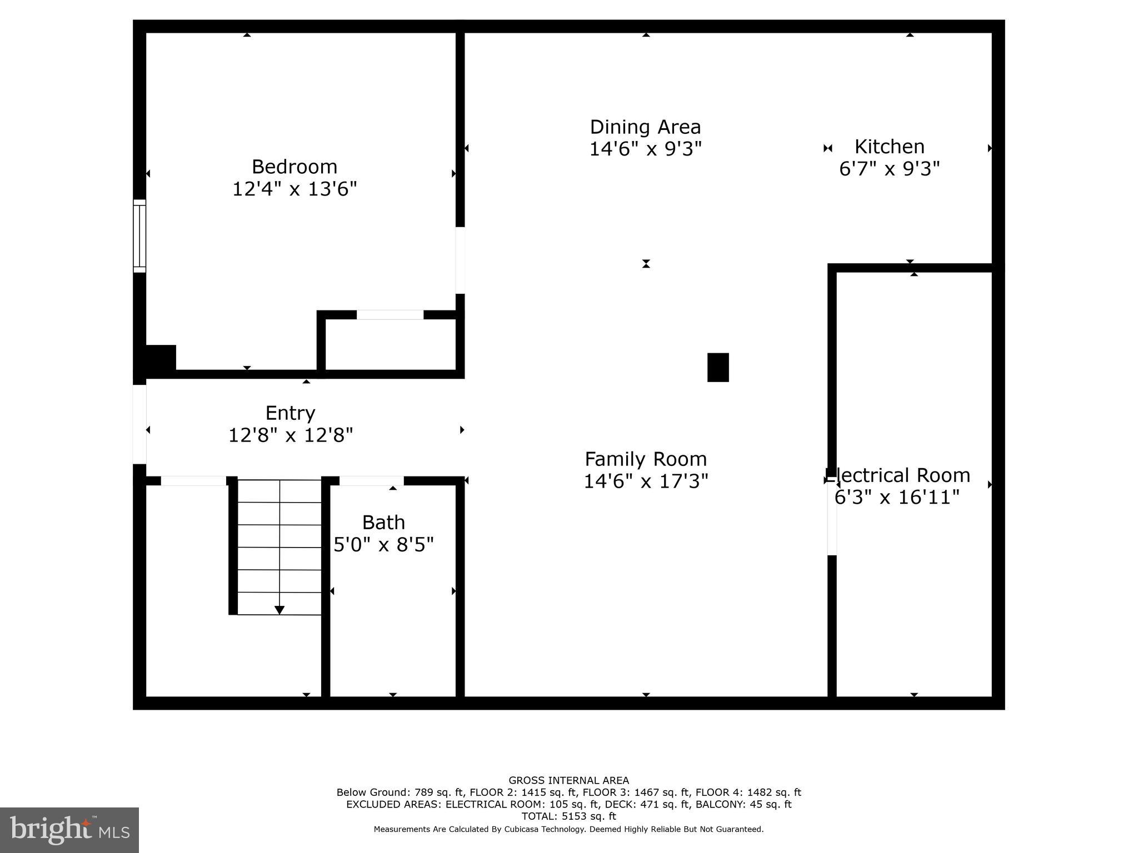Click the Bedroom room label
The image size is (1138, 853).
pos(294,167)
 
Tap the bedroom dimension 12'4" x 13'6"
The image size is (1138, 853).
pos(294,189)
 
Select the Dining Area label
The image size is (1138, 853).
pos(645,127)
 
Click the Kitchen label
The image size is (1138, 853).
pos(889,147)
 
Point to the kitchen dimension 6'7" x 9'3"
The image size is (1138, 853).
pos(889,168)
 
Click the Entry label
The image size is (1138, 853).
pos(290,413)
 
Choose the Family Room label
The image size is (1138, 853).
pos(646,459)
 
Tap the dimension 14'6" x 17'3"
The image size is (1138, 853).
pos(646,481)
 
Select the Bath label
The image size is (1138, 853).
pos(383,523)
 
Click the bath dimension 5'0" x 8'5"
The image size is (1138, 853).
pos(383,544)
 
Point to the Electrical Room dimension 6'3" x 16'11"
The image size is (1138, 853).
pos(897,497)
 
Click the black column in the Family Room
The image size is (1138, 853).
pos(717,368)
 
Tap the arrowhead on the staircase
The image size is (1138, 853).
pos(279,610)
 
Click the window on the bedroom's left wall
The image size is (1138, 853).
pos(139,236)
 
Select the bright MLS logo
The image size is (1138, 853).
pos(69,830)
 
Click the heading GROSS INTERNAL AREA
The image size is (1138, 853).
pos(568,780)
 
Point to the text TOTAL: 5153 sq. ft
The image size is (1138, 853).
pos(568,816)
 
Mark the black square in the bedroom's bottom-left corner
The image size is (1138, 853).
pos(161,358)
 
